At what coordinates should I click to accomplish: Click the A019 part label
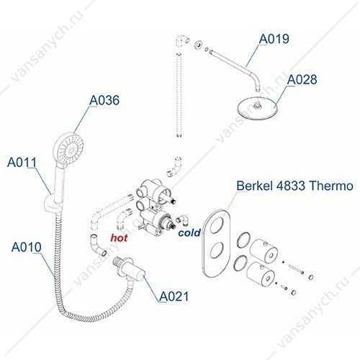(274, 39)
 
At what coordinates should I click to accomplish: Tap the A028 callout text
(302, 79)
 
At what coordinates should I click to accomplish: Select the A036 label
(104, 100)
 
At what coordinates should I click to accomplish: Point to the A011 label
(22, 162)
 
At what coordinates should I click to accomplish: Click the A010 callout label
(27, 247)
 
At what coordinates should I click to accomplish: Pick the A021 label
(174, 297)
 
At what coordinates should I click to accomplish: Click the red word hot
(119, 238)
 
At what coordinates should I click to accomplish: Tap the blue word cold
(189, 233)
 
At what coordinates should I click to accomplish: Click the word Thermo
(331, 186)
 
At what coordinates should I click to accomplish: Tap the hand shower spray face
(69, 148)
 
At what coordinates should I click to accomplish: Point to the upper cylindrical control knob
(264, 251)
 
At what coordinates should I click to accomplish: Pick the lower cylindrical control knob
(261, 275)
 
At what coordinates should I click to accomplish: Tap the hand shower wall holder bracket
(51, 202)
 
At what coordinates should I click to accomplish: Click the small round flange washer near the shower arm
(198, 45)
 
